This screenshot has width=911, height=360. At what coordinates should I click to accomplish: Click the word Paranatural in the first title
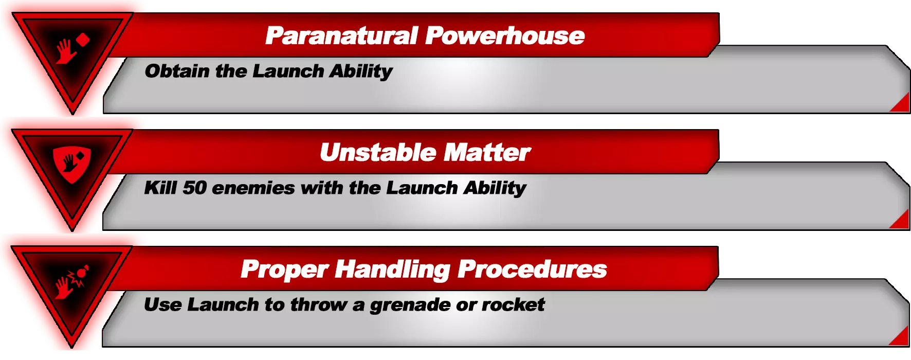coord(341,36)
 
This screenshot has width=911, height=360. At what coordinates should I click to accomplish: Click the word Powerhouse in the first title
coord(505,36)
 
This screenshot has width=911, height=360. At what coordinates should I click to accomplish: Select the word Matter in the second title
coord(487,152)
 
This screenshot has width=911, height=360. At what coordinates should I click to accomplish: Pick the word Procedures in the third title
coord(532,269)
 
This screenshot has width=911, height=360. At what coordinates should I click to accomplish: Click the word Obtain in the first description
coord(177,71)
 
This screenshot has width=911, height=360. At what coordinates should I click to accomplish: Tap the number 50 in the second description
coord(194,188)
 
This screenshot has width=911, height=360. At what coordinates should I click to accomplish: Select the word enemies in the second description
coord(253,188)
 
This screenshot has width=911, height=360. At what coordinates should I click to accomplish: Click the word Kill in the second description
coord(160,188)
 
